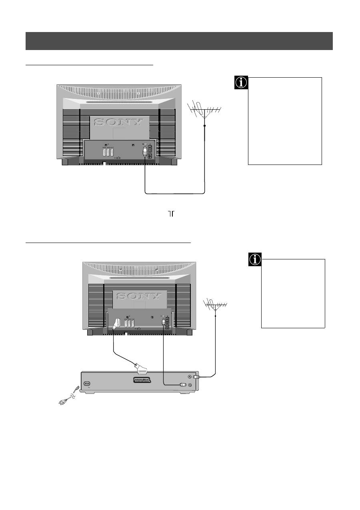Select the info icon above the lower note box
click(x=255, y=260)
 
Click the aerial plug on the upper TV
click(x=144, y=152)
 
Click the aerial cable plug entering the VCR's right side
click(x=196, y=377)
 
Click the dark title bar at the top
click(x=179, y=41)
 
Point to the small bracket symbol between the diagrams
click(x=172, y=215)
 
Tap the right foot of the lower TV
click(x=188, y=332)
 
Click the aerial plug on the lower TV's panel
click(x=163, y=321)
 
